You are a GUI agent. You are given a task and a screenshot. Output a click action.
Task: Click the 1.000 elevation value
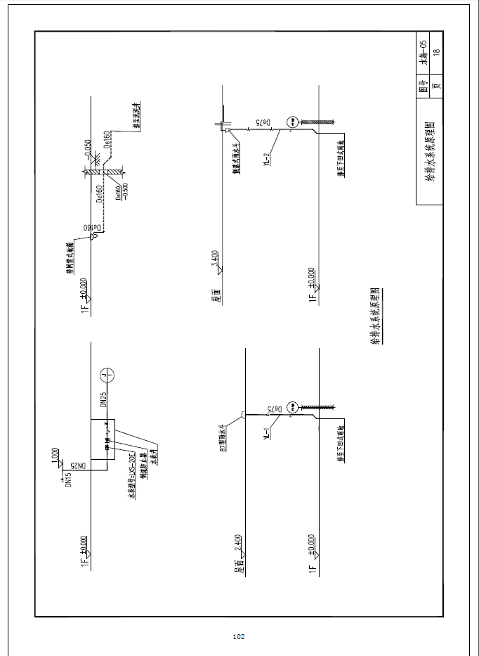tap(55, 455)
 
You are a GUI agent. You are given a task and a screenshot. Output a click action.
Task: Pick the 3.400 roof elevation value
tap(214, 258)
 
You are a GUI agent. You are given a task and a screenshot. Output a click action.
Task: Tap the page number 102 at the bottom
tap(238, 637)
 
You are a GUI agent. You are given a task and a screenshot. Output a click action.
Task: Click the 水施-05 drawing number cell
tap(424, 52)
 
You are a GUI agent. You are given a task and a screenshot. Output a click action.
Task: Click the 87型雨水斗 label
tap(221, 437)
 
